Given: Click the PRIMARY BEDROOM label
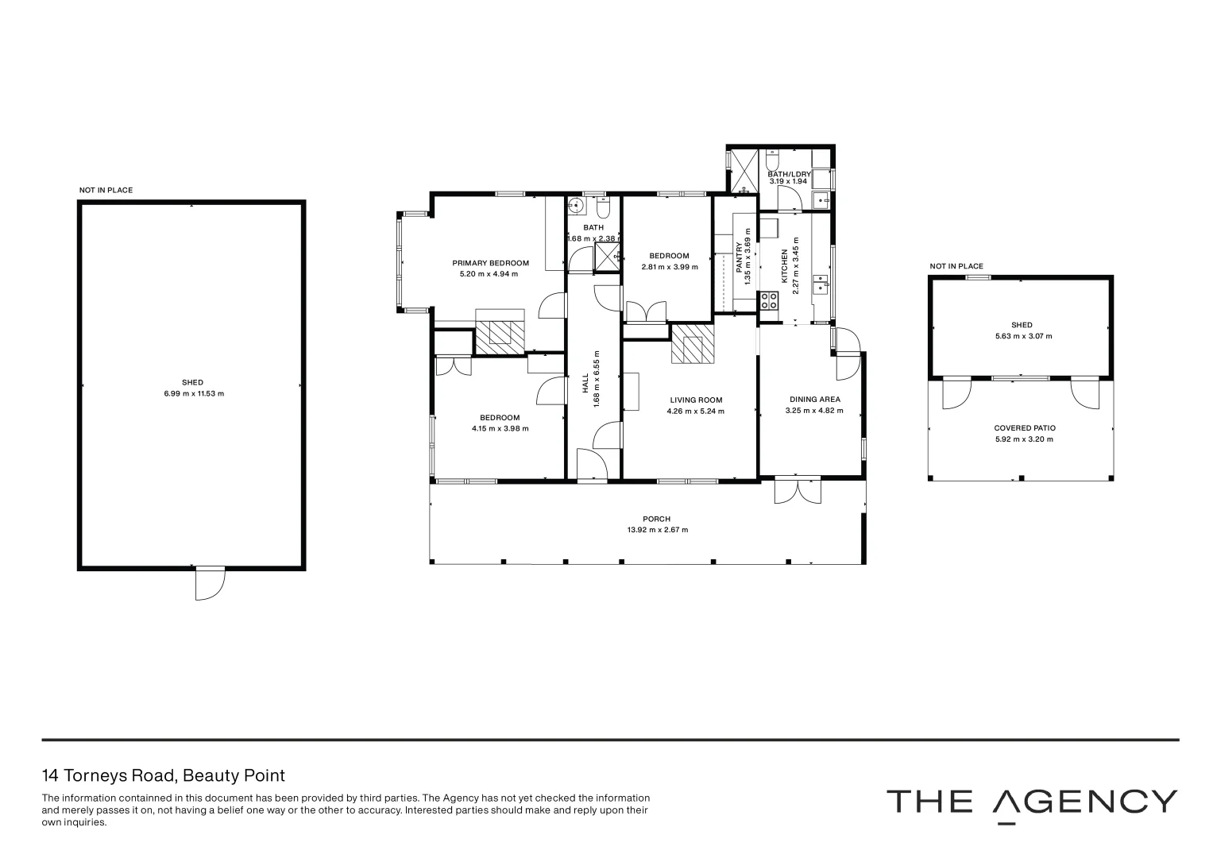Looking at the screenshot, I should (490, 263).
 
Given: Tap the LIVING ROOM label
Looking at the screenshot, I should (695, 400).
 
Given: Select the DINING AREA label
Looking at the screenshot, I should (814, 400).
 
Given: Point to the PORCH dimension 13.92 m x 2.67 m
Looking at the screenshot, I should (657, 530).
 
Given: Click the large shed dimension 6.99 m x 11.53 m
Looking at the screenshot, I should (194, 393).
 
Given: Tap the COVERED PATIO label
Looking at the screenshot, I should (1024, 428).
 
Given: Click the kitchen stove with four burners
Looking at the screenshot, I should (770, 301).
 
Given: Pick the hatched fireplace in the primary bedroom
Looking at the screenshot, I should (500, 331).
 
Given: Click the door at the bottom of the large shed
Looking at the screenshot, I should (211, 584).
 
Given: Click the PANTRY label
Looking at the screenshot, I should (738, 258).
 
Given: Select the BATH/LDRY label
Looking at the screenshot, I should (788, 173).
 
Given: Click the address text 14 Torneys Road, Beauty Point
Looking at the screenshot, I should (163, 775).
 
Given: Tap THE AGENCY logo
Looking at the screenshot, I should (1031, 802).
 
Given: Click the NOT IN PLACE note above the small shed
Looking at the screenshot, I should (956, 266).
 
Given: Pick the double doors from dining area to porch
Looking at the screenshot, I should (798, 489).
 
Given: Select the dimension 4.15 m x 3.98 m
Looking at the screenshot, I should (500, 428).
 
